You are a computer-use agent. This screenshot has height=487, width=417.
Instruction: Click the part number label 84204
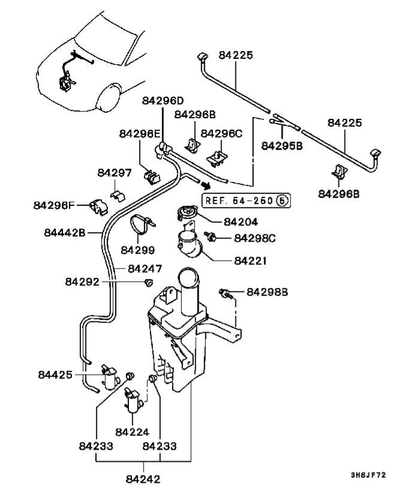(x=241, y=222)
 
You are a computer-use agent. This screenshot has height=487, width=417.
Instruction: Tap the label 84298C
(x=255, y=238)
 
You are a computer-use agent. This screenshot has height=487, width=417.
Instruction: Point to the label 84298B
(x=268, y=292)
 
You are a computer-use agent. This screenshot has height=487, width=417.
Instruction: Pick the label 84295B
(x=283, y=145)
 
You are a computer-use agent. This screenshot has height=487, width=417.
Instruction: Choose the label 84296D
(x=163, y=100)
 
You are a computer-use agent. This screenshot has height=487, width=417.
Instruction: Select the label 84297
(x=115, y=173)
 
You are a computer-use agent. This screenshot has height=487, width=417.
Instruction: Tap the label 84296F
(x=54, y=206)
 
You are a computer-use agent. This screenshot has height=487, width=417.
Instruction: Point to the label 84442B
(x=65, y=232)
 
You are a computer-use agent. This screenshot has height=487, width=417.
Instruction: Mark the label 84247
(x=145, y=268)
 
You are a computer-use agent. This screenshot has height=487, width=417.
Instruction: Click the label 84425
(x=55, y=375)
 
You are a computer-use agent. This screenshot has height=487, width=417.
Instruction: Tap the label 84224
(x=132, y=431)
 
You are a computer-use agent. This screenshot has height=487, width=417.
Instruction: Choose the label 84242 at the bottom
(x=144, y=479)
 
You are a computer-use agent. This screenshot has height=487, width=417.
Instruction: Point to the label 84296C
(x=221, y=133)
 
